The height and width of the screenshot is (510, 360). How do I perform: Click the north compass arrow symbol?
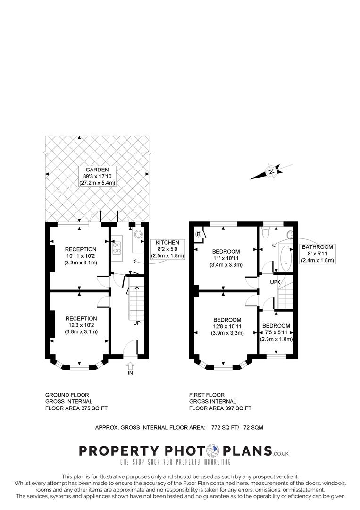click(271, 172)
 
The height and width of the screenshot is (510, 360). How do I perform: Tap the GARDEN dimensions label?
click(97, 176)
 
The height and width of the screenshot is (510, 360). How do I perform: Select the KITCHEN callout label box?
click(168, 249)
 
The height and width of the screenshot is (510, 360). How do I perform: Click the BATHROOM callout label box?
click(318, 253)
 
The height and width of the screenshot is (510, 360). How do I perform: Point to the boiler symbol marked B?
click(198, 234)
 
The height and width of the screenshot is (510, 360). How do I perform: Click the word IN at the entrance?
click(130, 373)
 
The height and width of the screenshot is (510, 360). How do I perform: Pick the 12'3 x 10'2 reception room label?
click(81, 325)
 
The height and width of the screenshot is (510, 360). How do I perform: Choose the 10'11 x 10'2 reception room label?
click(81, 256)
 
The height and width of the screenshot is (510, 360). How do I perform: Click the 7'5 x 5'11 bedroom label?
click(276, 332)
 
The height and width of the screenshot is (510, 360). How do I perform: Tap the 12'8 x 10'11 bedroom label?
click(227, 326)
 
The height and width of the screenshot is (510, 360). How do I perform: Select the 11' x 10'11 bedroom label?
click(226, 258)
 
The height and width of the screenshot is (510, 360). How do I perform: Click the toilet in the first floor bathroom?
click(266, 233)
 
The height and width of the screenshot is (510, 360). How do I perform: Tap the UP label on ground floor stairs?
click(137, 323)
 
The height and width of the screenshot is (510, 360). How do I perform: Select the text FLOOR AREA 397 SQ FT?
click(220, 408)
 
